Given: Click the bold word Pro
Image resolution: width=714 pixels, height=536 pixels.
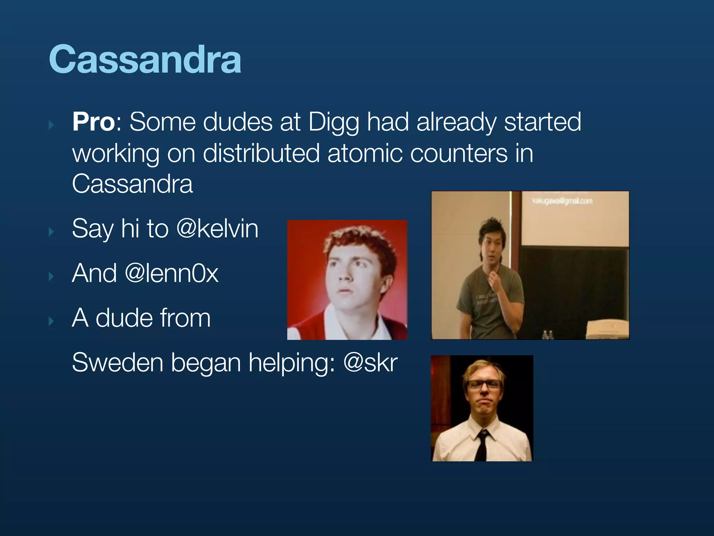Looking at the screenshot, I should coord(93,122).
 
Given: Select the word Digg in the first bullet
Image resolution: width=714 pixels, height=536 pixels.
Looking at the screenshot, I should coord(334,123).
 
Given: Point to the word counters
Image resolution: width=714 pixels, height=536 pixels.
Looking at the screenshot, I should coord(458,154).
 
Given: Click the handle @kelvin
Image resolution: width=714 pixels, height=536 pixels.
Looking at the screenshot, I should coord(217,229).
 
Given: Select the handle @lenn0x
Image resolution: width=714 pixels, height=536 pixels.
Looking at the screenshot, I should coord(172,273).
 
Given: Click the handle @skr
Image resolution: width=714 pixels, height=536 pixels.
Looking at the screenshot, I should coord(370,363).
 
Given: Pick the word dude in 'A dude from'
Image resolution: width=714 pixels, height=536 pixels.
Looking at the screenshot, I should coord(123,318).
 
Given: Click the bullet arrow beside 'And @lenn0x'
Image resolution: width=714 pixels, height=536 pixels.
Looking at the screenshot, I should coord(51,276).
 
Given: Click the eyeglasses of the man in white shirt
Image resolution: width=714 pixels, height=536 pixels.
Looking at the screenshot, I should coord(484,385).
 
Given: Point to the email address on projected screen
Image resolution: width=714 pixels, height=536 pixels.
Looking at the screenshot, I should coord(562,201).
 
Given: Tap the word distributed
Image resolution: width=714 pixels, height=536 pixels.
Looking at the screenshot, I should coord(261,154).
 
